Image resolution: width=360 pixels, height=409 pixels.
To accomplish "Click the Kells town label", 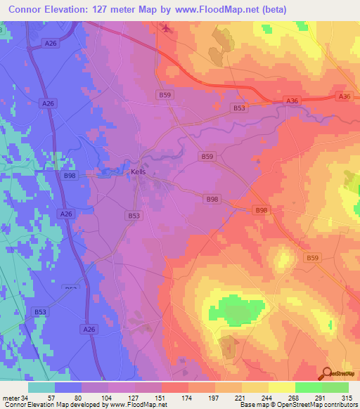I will point(139,171).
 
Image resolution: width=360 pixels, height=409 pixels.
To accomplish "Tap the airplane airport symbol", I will point(166,28).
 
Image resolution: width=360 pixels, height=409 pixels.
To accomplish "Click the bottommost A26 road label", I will point(89,329).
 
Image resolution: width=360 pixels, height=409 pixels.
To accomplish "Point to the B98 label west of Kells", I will point(70,176).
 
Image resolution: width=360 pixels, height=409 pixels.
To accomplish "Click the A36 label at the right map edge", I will point(344,96).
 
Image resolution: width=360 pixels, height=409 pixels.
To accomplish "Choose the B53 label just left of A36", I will point(240,108).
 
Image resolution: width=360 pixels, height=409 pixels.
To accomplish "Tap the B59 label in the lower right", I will point(313,258).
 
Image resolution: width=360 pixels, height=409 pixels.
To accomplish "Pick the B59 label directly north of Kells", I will point(164,94).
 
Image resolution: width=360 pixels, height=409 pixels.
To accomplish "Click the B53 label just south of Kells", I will point(134,216).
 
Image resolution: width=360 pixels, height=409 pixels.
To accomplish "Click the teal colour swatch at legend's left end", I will point(41,387).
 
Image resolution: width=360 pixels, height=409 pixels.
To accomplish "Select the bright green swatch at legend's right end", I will point(335,387).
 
